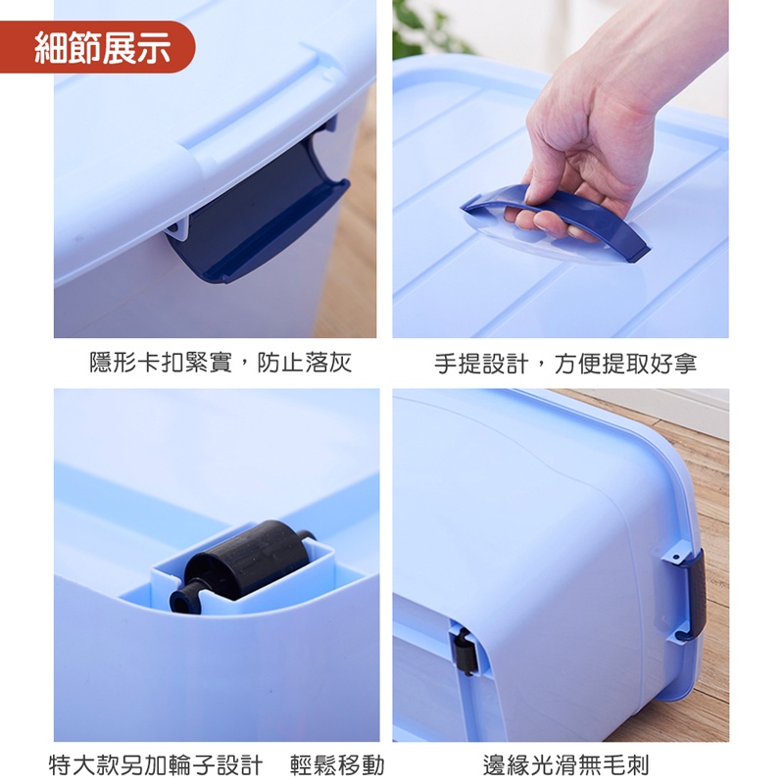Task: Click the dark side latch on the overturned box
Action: point(696,595)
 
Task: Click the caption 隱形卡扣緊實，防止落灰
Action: point(220,362)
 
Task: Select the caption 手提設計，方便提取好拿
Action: point(565,362)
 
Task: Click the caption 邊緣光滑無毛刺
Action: point(565,765)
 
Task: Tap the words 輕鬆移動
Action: point(337,765)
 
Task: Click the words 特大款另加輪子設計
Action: point(156,765)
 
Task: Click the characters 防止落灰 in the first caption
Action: point(304,362)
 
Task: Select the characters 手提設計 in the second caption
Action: point(481,362)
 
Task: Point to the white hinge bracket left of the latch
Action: point(177,230)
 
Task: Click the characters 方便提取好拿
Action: point(625,362)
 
